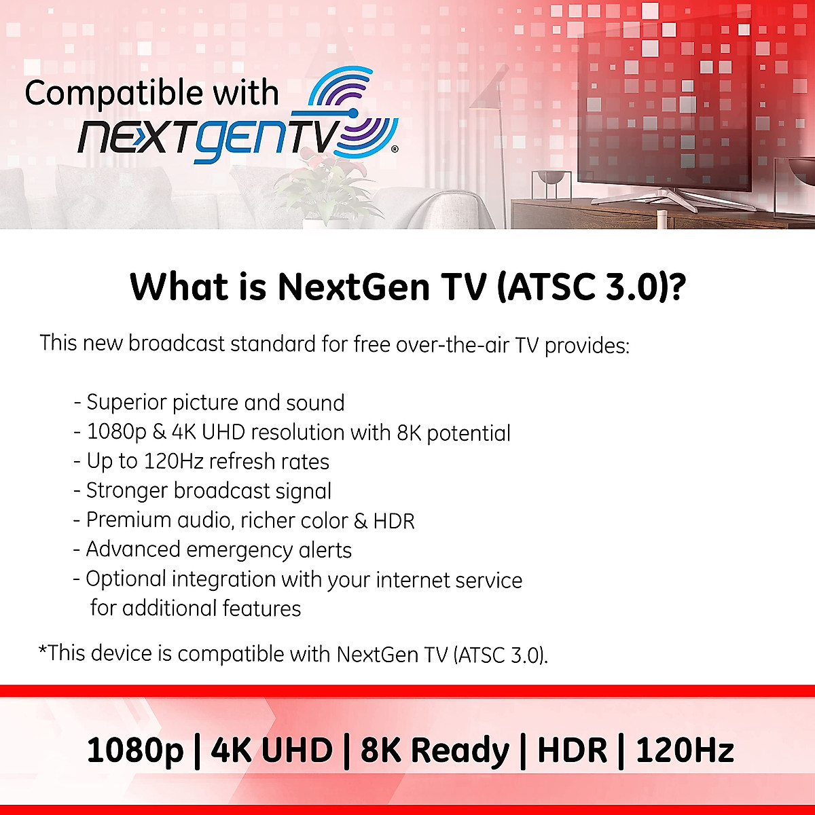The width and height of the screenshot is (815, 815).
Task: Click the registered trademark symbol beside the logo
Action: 394,149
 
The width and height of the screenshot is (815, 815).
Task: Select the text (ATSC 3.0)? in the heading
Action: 592,287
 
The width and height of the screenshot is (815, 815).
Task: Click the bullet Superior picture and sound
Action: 209,402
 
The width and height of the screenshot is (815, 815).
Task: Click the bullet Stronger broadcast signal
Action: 202,491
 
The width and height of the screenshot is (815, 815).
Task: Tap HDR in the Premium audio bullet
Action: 394,521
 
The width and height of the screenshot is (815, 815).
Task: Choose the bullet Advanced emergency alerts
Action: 213,550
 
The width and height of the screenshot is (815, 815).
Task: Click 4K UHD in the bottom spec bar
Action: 272,750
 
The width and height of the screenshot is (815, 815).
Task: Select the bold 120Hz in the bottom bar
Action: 685,750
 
